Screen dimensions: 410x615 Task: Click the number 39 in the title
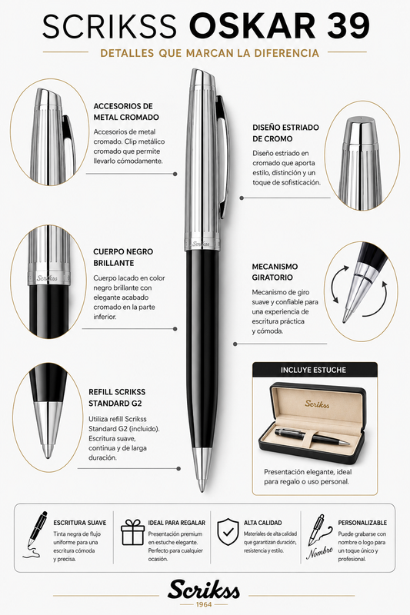pos(348,25)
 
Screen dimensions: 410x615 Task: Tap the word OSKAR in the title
pos(252,25)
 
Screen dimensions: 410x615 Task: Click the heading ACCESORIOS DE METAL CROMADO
pos(126,111)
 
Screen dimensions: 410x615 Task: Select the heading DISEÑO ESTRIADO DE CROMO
pos(285,133)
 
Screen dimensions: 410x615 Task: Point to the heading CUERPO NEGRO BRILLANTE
pos(123,258)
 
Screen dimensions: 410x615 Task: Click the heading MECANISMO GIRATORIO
pos(275,272)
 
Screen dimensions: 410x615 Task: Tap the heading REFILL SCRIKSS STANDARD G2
pos(117,397)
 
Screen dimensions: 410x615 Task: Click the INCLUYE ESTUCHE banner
pos(315,370)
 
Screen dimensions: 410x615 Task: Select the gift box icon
pos(132,532)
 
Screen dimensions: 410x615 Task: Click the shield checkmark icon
pos(228,532)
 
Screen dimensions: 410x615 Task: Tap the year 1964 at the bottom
pos(204,604)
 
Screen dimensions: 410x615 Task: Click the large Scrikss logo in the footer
pos(204,590)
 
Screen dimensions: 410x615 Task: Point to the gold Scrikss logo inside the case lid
pos(317,403)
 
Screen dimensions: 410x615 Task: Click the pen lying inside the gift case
pos(312,437)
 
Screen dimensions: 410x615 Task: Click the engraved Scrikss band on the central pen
pos(202,244)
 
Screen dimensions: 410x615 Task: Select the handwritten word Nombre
pos(319,552)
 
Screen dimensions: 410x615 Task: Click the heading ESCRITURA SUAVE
pos(80,523)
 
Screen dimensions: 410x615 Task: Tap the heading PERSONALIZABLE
pos(362,523)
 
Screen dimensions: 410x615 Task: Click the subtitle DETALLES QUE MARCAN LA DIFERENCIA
pos(209,53)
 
